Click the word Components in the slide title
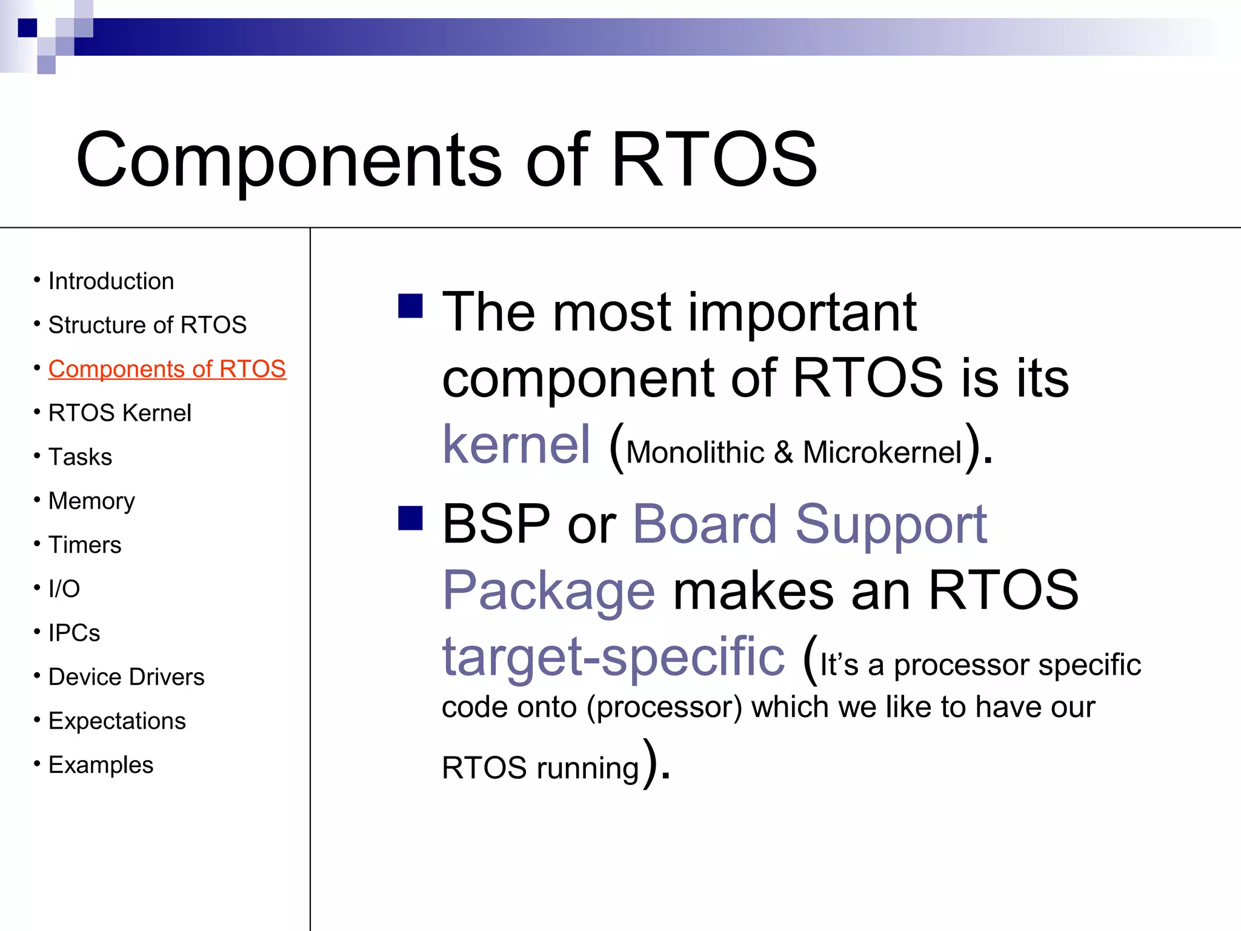coord(288,161)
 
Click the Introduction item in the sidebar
coord(111,281)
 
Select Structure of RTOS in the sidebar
coord(147,325)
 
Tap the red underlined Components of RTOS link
coord(167,369)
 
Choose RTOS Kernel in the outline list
coord(119,413)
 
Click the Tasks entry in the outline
coord(80,457)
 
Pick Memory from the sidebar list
coord(91,501)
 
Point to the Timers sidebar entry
coord(85,545)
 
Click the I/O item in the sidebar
coord(64,589)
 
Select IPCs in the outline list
coord(74,633)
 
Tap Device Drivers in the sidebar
coord(126,677)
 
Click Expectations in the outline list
coord(117,721)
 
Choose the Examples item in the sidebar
coord(101,765)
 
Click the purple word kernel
coord(516,445)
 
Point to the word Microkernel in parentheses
coord(882,453)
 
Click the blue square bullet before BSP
coord(410,518)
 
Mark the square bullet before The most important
coord(410,306)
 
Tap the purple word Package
coord(548,591)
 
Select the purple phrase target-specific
coord(613,657)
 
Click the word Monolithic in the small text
coord(695,453)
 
